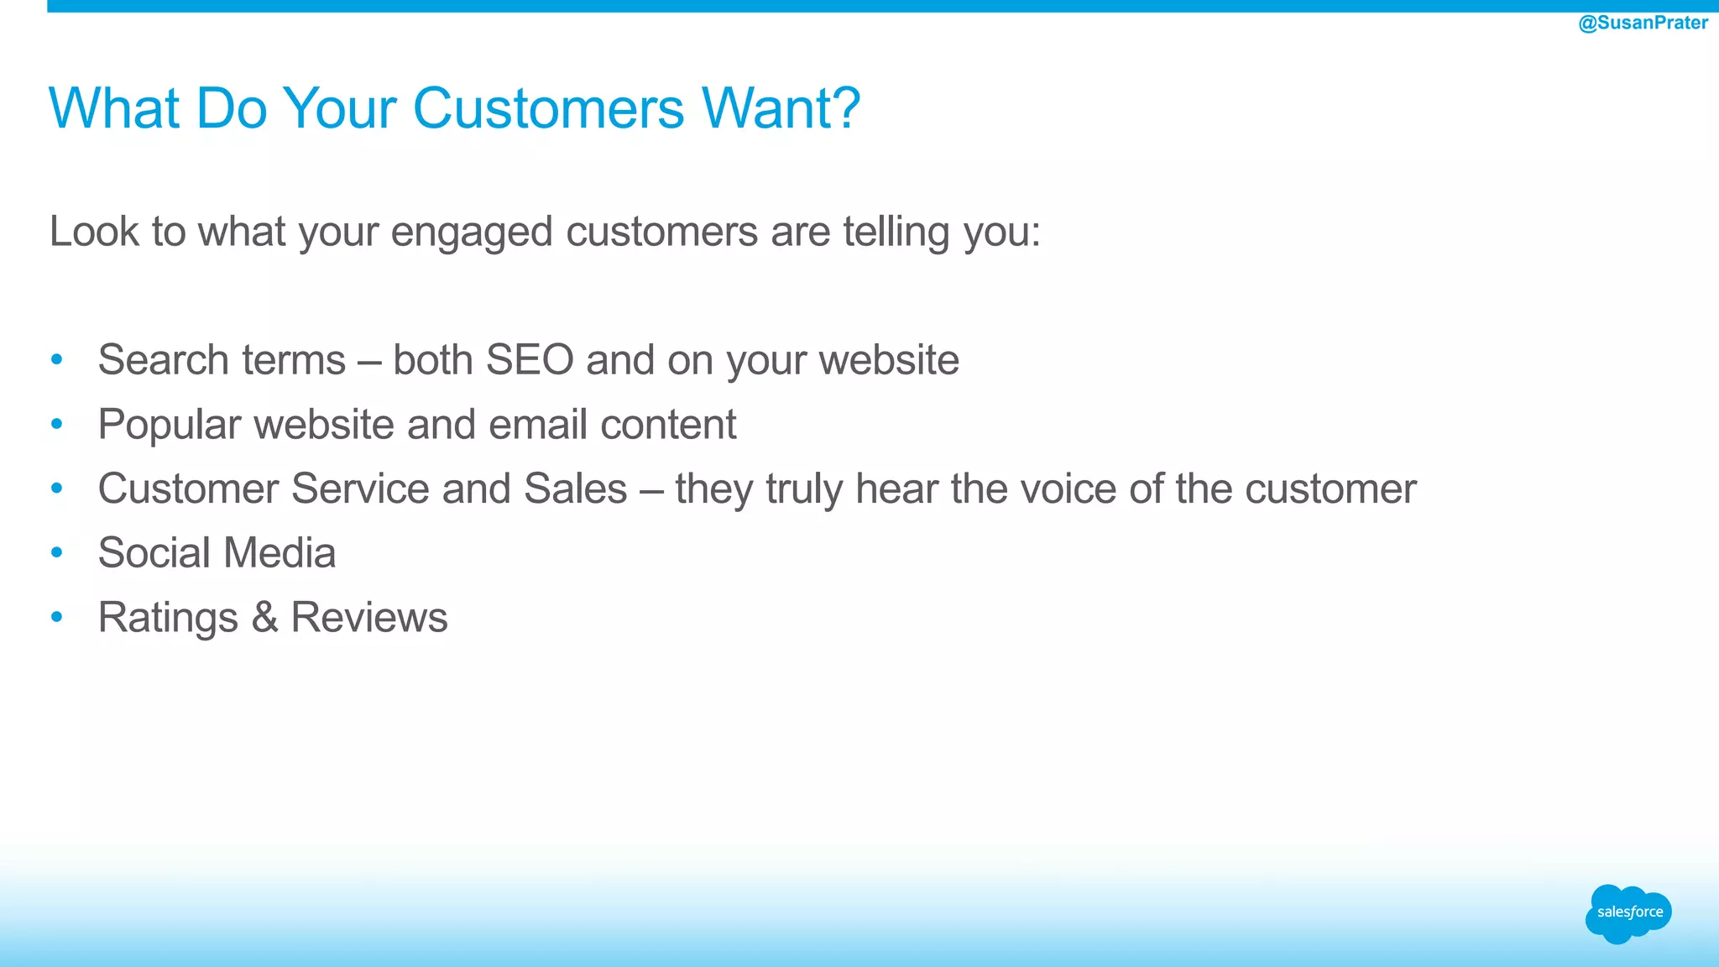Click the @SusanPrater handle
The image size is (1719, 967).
1643,23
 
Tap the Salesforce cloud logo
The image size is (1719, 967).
1628,913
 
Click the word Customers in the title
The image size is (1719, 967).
549,108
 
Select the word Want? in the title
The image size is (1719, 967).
781,108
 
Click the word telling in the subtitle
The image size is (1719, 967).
896,232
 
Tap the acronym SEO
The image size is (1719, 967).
530,360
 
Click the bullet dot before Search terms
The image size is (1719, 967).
57,360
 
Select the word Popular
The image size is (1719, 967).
170,425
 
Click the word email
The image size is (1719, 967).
537,425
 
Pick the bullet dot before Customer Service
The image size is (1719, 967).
57,489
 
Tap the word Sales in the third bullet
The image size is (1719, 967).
575,489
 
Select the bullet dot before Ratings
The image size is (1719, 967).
57,618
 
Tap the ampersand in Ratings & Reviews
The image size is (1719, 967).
264,618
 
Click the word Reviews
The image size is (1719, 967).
369,618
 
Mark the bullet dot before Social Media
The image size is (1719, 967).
57,553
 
